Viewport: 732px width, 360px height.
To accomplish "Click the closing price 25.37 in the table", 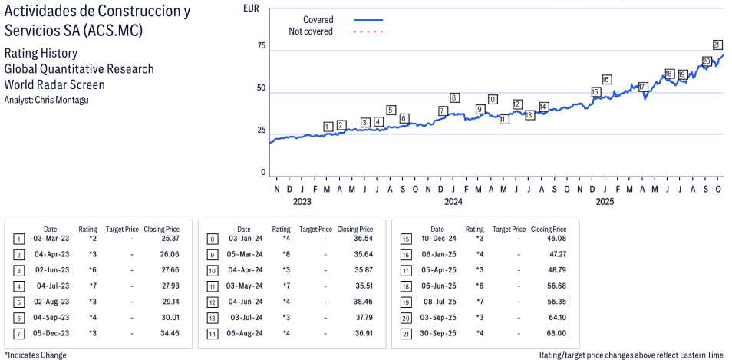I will pyautogui.click(x=169, y=239).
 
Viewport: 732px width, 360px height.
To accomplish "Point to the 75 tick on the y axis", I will pyautogui.click(x=261, y=46).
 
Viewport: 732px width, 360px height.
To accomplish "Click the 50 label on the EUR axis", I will pyautogui.click(x=261, y=88).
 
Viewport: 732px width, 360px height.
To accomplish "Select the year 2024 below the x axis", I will pyautogui.click(x=453, y=203).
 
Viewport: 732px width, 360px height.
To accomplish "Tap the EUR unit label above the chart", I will pyautogui.click(x=250, y=8).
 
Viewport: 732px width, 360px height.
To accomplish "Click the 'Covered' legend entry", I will pyautogui.click(x=318, y=20).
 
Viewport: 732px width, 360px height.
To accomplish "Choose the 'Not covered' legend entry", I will pyautogui.click(x=311, y=31).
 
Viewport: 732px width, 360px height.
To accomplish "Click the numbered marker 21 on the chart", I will pyautogui.click(x=717, y=45).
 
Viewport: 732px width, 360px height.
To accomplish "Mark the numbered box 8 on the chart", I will pyautogui.click(x=454, y=97).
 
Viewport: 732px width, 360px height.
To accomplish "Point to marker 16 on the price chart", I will pyautogui.click(x=606, y=80).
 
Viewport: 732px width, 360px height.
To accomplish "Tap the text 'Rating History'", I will pyautogui.click(x=41, y=54).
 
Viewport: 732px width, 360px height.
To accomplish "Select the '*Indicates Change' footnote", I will pyautogui.click(x=35, y=355).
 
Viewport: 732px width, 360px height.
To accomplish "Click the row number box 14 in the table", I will pyautogui.click(x=212, y=333).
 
